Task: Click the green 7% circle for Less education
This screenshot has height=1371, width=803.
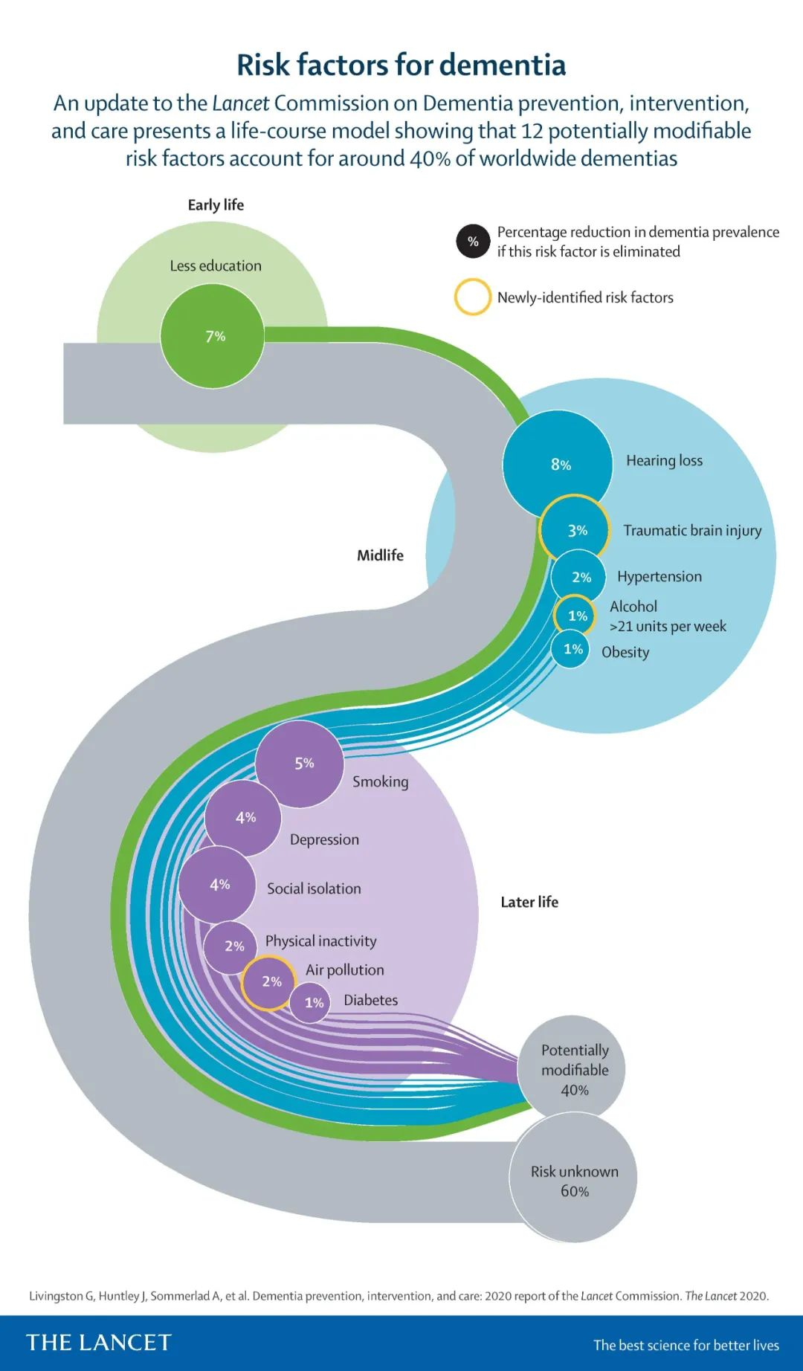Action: click(x=213, y=336)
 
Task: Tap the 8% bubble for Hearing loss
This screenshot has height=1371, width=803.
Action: click(x=558, y=464)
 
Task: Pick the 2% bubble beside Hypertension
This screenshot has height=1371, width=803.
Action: click(x=578, y=577)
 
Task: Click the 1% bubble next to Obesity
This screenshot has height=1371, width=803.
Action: click(x=571, y=649)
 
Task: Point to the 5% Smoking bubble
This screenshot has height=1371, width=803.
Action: click(x=300, y=764)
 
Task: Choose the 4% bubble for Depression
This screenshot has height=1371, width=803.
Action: click(x=243, y=818)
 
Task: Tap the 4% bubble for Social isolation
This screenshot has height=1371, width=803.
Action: click(x=217, y=885)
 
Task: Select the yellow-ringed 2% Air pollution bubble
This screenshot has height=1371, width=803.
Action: click(x=269, y=982)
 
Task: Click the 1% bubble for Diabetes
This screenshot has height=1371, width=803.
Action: click(x=310, y=1003)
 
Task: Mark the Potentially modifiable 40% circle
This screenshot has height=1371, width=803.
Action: click(x=573, y=1070)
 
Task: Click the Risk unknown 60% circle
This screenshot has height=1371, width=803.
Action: click(x=573, y=1181)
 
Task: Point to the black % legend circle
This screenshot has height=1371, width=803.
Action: click(x=473, y=242)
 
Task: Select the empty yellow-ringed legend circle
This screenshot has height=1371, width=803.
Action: click(x=473, y=297)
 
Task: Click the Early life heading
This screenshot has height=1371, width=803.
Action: click(x=216, y=205)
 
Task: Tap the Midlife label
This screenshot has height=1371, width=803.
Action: click(x=380, y=555)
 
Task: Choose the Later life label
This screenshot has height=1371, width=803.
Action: click(x=529, y=902)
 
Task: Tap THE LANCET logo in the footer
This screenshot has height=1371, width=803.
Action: click(x=99, y=1342)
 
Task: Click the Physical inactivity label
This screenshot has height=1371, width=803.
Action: click(x=320, y=941)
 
